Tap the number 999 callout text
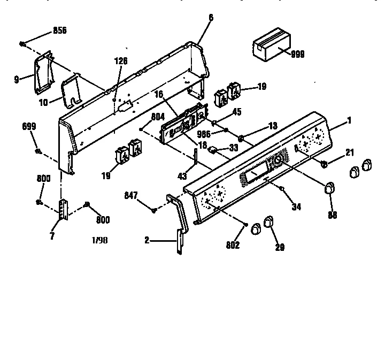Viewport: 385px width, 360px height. (298, 54)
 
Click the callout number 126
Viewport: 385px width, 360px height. (121, 61)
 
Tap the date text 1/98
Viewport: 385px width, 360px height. (99, 241)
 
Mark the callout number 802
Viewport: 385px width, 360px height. (233, 246)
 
